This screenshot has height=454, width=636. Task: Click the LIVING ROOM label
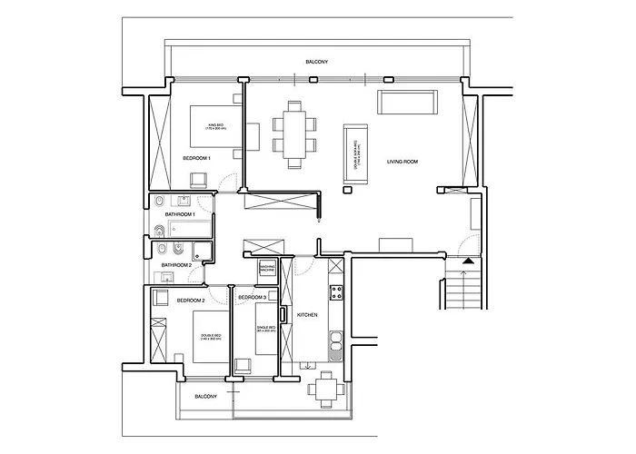(402, 162)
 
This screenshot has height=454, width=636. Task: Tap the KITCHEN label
(307, 314)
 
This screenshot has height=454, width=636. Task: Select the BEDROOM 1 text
(196, 158)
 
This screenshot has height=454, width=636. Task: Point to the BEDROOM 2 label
(190, 300)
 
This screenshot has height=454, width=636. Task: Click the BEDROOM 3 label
(252, 298)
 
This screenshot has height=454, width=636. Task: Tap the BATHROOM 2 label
(177, 265)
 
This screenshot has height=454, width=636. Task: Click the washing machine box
(267, 268)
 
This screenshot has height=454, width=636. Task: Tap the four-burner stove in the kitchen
(335, 292)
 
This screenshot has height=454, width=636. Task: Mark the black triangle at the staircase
(468, 262)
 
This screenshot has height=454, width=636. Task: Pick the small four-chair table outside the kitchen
(326, 390)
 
